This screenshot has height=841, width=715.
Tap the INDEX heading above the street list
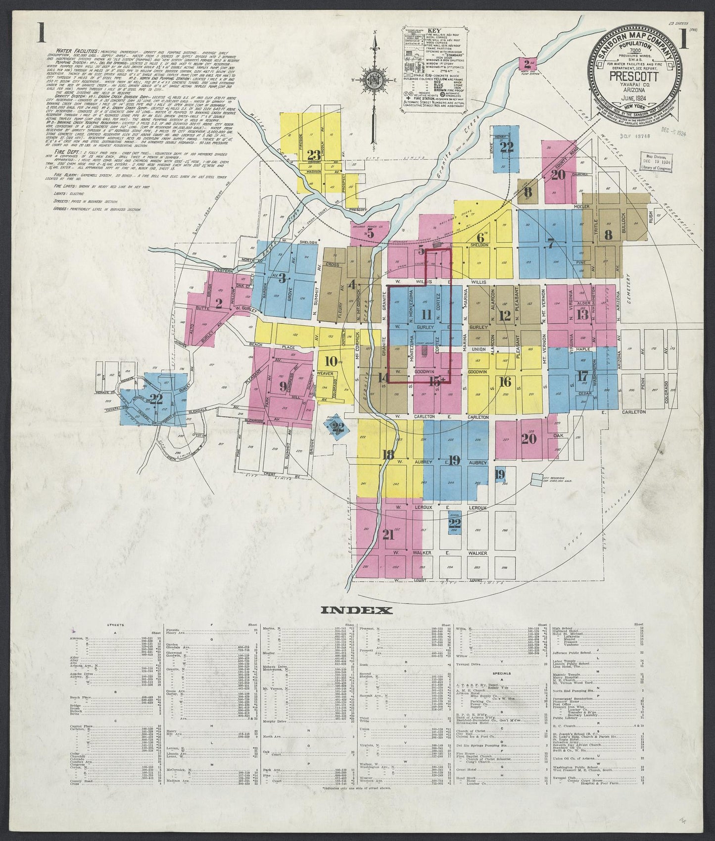(x=357, y=610)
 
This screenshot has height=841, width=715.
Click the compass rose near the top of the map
(x=377, y=82)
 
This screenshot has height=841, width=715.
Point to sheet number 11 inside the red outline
(x=426, y=314)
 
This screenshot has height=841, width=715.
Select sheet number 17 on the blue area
(x=581, y=376)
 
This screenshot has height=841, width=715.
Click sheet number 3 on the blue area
(x=282, y=278)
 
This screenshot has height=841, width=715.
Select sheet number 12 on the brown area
(x=505, y=315)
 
